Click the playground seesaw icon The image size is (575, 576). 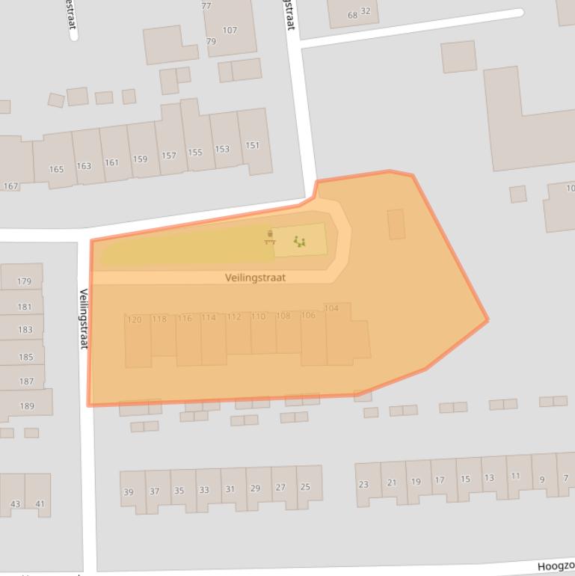(x=300, y=241)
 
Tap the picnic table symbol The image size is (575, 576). (x=270, y=239)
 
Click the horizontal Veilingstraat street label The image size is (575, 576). (x=255, y=278)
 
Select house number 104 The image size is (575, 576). (x=331, y=308)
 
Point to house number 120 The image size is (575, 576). (x=135, y=319)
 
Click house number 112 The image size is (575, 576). (x=234, y=317)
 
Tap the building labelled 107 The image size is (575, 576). (x=230, y=31)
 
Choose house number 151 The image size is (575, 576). (x=253, y=145)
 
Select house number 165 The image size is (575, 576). (x=56, y=169)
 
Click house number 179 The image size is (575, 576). (x=25, y=282)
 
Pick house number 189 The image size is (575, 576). (x=27, y=406)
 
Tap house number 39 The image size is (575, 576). (x=129, y=491)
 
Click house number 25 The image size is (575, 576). (x=305, y=487)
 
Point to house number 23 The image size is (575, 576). (x=363, y=484)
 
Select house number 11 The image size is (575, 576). (x=515, y=476)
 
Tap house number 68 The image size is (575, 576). (x=353, y=15)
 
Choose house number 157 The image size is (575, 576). (x=168, y=156)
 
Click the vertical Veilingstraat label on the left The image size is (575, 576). (x=84, y=319)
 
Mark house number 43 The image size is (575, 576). (x=15, y=504)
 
